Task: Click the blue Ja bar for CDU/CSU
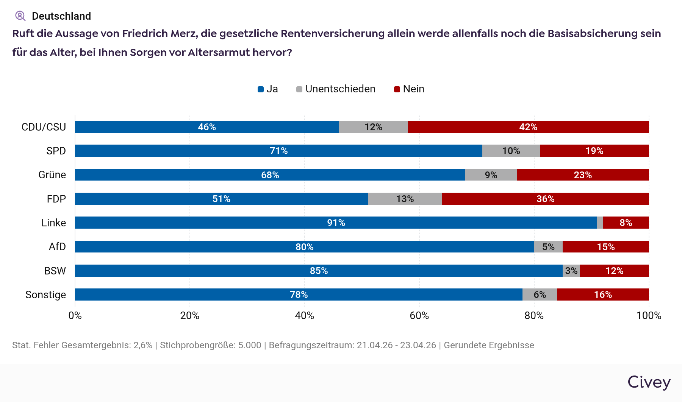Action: (x=207, y=127)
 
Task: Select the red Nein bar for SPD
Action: (x=594, y=151)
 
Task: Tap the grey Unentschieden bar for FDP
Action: (x=405, y=199)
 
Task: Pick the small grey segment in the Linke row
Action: (x=600, y=223)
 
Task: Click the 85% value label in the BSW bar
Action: (x=319, y=271)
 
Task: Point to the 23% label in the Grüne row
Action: (x=583, y=175)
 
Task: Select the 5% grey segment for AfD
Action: (x=548, y=247)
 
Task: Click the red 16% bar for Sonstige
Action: (x=602, y=294)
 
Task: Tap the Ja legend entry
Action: (x=268, y=89)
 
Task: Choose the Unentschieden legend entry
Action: (x=336, y=89)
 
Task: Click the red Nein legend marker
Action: (x=397, y=89)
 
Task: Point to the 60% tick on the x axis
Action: (x=419, y=315)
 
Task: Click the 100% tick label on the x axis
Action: (x=649, y=315)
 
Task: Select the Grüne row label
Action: (x=52, y=175)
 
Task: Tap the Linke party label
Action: (x=53, y=223)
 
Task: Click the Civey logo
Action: (x=649, y=382)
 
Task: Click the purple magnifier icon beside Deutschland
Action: (x=20, y=16)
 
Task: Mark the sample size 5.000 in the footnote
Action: (x=250, y=345)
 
